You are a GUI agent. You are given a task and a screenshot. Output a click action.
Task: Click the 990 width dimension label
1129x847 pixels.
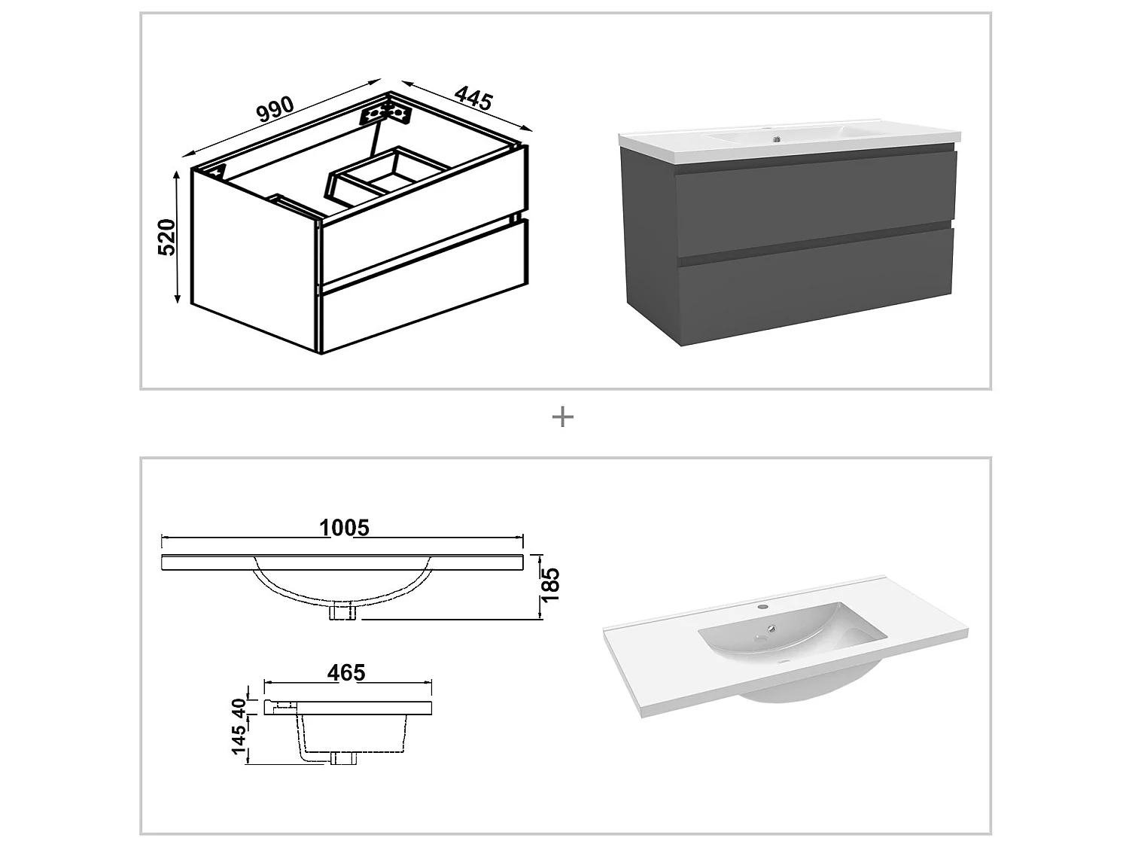coord(275,110)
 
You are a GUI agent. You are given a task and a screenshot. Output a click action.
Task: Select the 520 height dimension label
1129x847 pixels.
coord(166,236)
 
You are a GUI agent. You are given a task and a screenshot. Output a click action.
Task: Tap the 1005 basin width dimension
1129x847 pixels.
coord(344,528)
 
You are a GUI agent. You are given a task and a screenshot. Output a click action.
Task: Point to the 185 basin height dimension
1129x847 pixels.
coord(551,584)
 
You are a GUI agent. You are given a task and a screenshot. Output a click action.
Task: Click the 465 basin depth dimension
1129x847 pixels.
coord(346,672)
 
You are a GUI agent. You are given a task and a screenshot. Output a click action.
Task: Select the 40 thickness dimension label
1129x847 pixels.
coord(239,708)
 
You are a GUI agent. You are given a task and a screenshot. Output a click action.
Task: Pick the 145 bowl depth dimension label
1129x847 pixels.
coord(239,741)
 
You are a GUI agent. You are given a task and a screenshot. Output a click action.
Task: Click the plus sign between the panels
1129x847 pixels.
coord(563,417)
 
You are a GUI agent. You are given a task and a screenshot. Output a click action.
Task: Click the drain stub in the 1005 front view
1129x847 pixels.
coord(342,613)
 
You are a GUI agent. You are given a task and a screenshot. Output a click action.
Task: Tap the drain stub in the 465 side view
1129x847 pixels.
coord(343,758)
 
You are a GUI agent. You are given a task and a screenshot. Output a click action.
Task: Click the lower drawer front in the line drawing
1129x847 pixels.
coord(421,294)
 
